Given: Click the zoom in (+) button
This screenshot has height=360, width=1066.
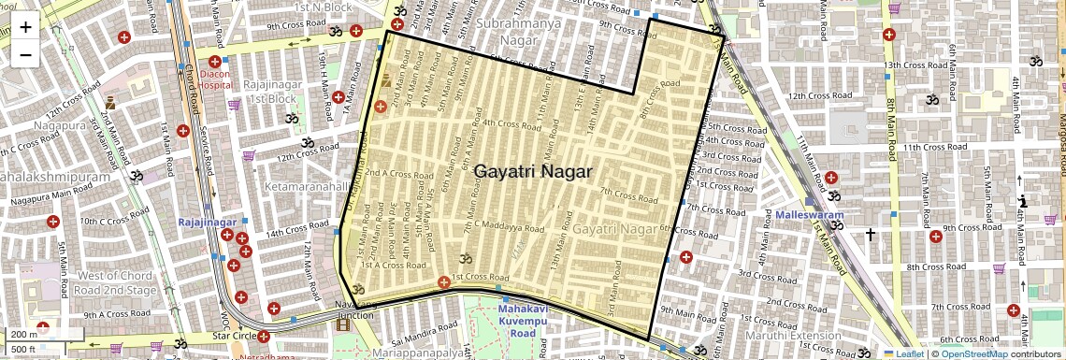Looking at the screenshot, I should coord(25,27).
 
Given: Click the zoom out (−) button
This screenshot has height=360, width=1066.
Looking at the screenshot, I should coord(25,53).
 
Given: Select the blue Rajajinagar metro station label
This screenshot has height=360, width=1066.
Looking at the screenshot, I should coord(207,222).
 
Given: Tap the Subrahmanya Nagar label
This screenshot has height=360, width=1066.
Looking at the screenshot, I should coord(518,30).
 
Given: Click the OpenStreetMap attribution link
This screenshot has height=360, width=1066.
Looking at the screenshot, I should coord(973,353).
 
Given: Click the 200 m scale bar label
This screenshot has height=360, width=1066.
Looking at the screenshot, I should coord(23,334).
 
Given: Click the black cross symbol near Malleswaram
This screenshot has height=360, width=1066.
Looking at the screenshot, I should coord(871,234).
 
